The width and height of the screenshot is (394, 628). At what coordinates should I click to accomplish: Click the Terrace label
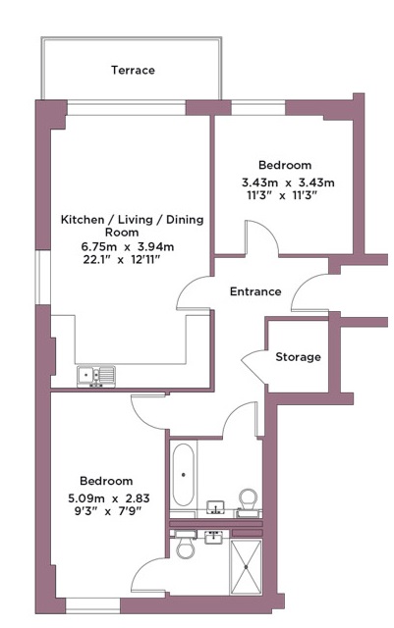pyautogui.click(x=133, y=70)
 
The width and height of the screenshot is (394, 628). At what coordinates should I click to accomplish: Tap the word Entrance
pyautogui.click(x=255, y=291)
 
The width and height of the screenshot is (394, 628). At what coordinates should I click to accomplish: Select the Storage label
pyautogui.click(x=298, y=357)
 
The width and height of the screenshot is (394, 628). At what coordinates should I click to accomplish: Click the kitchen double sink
pyautogui.click(x=96, y=376)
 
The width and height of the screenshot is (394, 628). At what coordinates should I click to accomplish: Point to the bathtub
pyautogui.click(x=184, y=475)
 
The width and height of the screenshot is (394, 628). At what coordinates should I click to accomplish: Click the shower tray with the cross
pyautogui.click(x=246, y=566)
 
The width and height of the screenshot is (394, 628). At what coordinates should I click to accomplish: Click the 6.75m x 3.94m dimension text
pyautogui.click(x=128, y=246)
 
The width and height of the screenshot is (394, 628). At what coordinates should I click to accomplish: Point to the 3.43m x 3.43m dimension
pyautogui.click(x=288, y=183)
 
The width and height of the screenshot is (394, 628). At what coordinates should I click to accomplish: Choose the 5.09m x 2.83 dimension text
pyautogui.click(x=109, y=498)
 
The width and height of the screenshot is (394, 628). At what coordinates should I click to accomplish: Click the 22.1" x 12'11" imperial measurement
pyautogui.click(x=122, y=259)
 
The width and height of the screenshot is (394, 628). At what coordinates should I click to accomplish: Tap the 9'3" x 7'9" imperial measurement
pyautogui.click(x=108, y=511)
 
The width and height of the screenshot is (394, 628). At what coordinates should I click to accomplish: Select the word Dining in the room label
pyautogui.click(x=185, y=220)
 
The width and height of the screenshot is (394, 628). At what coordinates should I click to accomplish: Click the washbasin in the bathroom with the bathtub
pyautogui.click(x=215, y=506)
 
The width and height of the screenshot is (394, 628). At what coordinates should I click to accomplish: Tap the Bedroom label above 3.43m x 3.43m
pyautogui.click(x=285, y=165)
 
